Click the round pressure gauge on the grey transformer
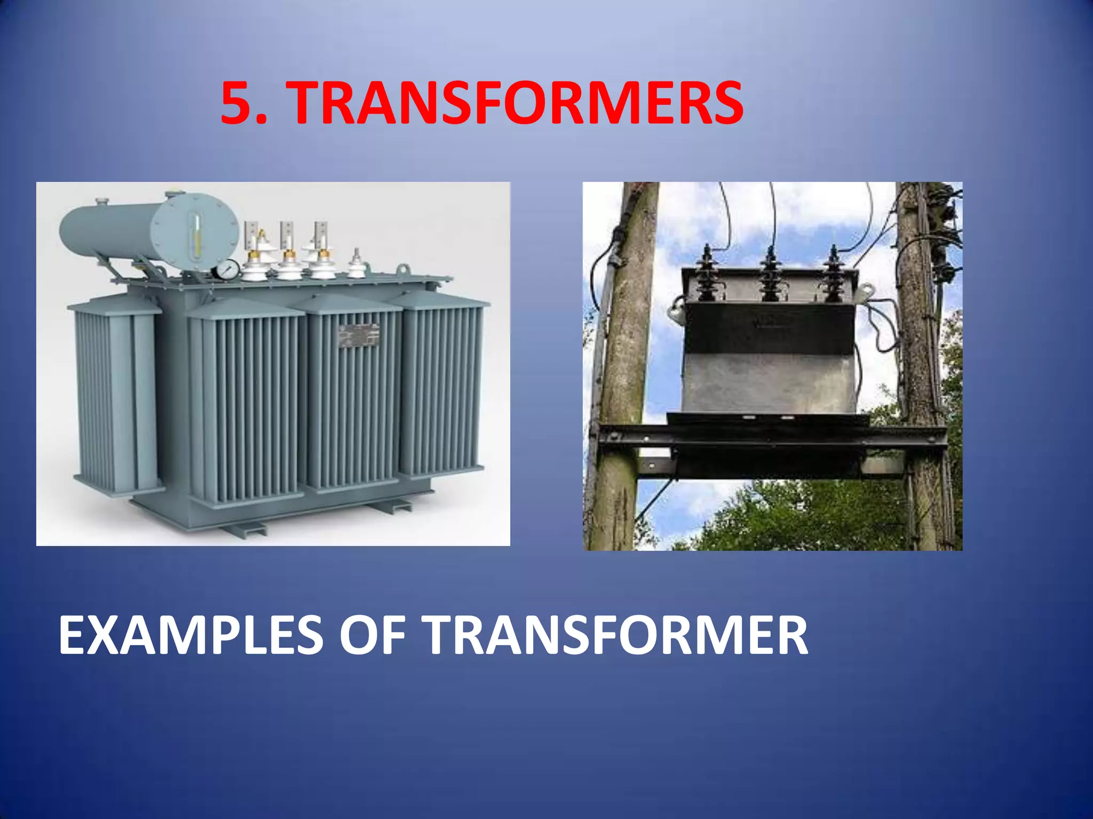228,269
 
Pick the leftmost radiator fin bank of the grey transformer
115,395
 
